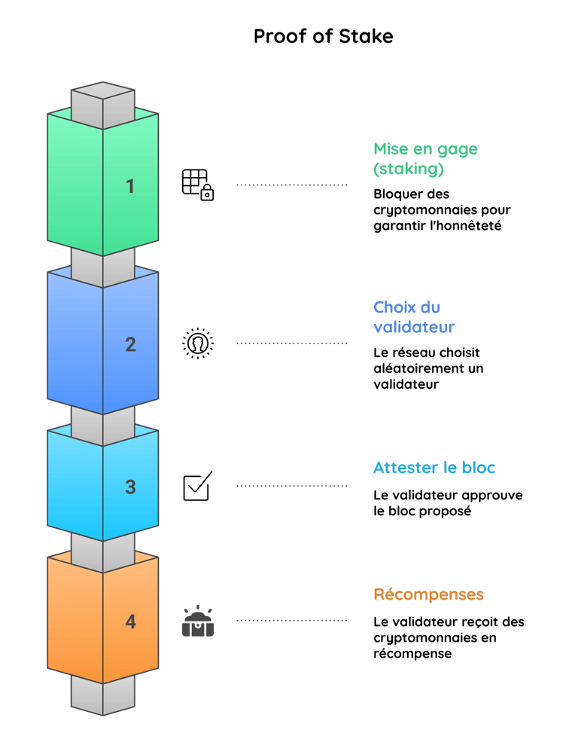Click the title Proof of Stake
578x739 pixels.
tap(324, 36)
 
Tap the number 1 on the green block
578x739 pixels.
tap(130, 186)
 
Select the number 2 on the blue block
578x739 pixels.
tap(130, 344)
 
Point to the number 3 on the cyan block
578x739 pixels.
tap(130, 487)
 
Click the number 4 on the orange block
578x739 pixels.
tap(130, 621)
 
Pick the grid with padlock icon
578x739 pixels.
tap(198, 185)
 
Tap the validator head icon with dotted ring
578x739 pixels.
tap(198, 343)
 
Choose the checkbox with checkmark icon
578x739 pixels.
tap(198, 486)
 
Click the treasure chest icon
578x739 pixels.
tap(198, 621)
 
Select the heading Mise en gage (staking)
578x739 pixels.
tap(425, 159)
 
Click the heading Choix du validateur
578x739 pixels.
tap(414, 317)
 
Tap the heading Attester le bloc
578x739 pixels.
tap(434, 468)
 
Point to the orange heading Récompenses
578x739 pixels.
tap(429, 594)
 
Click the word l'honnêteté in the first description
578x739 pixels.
tap(466, 226)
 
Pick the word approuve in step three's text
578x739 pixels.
tap(492, 496)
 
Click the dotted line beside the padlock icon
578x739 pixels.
tap(292, 185)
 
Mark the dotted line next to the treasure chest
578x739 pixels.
tap(292, 621)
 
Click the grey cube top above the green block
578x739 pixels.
tap(103, 90)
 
